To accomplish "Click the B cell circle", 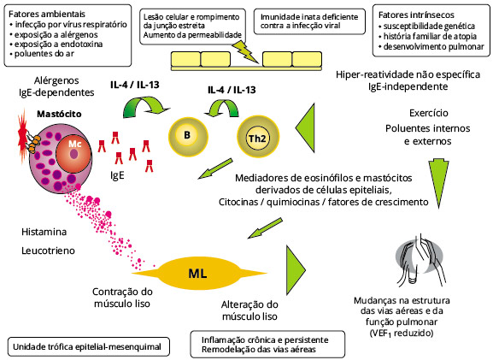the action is point(188,136).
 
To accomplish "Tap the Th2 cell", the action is point(258,137).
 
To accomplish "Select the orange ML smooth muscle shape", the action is point(199,273).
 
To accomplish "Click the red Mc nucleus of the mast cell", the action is point(73,153).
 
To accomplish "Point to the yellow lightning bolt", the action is point(246,52).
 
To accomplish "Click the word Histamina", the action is point(44,232).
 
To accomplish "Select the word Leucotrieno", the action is point(48,251).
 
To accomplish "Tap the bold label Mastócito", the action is point(59,114).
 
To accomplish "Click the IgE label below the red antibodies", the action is point(117,175).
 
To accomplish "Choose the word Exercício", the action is point(429,113).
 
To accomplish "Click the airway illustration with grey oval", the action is point(420,261).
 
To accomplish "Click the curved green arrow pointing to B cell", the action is point(145,106).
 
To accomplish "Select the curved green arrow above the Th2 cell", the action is point(221,108).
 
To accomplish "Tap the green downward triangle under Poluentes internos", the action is point(438,182).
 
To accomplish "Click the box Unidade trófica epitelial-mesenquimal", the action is point(87,347).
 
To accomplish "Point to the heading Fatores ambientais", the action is point(47,15).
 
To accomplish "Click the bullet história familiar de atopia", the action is point(427,37).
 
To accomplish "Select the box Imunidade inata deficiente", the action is point(309,21).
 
